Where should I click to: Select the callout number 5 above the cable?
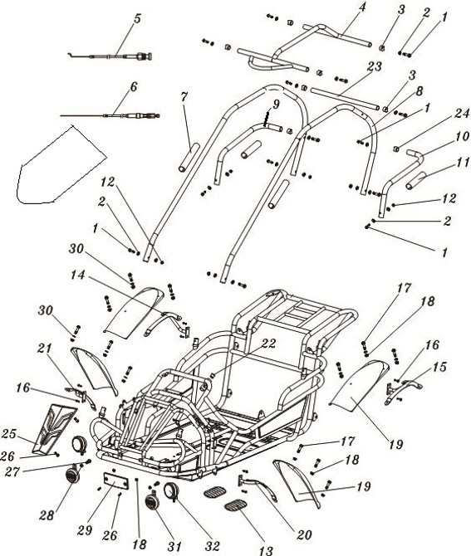click(137, 18)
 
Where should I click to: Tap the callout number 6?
click(133, 86)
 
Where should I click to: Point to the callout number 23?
click(373, 66)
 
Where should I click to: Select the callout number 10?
click(438, 136)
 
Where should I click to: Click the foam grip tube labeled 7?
click(188, 155)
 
